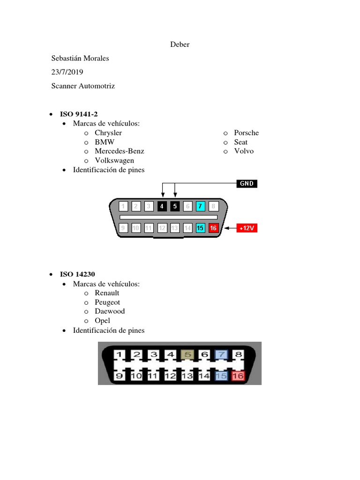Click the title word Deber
click(180, 45)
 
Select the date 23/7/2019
click(67, 72)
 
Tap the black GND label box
click(247, 183)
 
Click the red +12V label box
click(247, 228)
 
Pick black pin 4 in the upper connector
click(162, 206)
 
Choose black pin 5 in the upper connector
click(175, 206)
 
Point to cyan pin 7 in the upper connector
click(200, 206)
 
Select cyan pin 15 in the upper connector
click(200, 228)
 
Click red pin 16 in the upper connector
click(213, 228)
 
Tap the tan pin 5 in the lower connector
click(187, 354)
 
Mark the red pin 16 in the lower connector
click(238, 375)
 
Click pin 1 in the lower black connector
click(120, 354)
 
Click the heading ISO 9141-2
click(79, 114)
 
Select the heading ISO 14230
click(77, 274)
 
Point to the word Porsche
click(247, 133)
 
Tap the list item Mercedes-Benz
click(120, 151)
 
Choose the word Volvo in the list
click(244, 151)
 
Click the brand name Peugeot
click(107, 302)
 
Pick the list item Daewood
click(110, 311)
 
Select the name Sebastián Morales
click(80, 58)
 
